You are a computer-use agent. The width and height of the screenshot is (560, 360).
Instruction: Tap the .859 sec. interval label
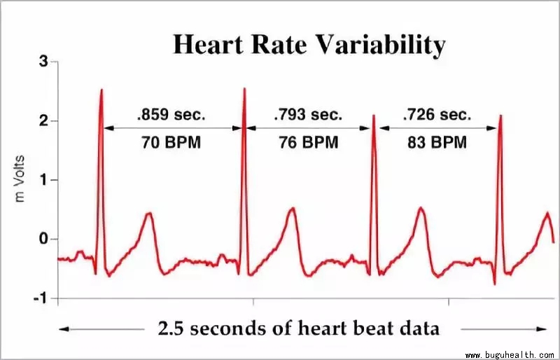coord(171,113)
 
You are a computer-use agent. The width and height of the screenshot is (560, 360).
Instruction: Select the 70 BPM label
coord(171,143)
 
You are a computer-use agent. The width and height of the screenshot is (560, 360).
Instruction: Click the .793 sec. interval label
coord(308,113)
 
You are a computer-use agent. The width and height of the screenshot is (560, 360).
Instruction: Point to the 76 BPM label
coord(308,143)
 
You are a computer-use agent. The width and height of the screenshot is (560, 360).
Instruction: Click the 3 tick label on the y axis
coord(43,62)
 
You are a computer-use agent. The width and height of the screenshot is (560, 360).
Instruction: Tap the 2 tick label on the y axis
coord(43,121)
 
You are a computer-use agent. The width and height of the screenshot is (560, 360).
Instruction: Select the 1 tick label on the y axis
coord(43,180)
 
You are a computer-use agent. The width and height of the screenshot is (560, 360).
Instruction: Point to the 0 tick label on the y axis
coord(43,240)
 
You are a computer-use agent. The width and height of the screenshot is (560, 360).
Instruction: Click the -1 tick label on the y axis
coord(41,298)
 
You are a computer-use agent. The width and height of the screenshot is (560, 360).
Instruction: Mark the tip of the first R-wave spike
coord(101,90)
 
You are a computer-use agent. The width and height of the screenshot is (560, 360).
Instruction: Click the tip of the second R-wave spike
coord(244,88)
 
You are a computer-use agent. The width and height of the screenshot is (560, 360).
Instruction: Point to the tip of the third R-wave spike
coord(374,116)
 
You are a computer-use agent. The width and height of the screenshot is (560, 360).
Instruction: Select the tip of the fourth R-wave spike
coord(500,116)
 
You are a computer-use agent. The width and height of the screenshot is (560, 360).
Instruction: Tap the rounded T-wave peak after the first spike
coord(148,213)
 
